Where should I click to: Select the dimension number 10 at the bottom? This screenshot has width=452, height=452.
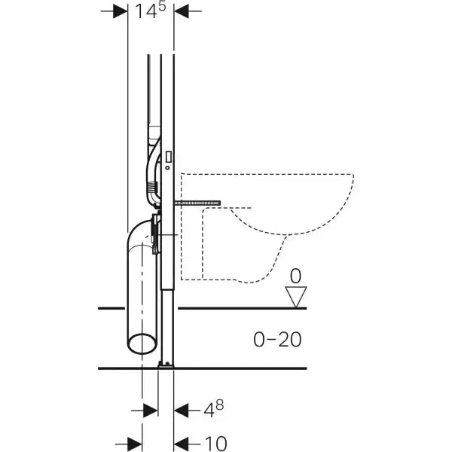215,443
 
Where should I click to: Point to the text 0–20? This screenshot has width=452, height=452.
276,340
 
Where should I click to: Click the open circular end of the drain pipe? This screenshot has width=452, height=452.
142,342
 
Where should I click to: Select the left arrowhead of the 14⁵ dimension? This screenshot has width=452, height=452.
120,11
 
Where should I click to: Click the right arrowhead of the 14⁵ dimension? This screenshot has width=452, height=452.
182,11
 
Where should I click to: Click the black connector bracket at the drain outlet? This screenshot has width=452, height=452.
155,230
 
